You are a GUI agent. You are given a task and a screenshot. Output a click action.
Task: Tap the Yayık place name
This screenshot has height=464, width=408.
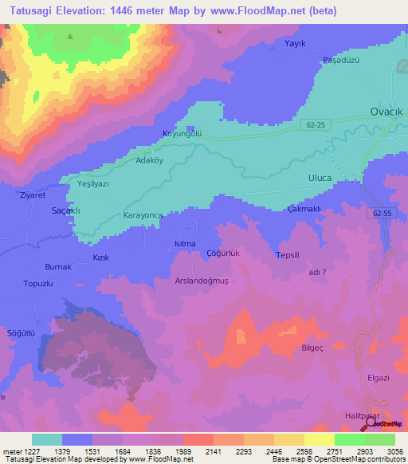tap(296, 44)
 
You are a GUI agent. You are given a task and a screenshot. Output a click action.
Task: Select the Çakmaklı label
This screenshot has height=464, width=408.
tap(304, 209)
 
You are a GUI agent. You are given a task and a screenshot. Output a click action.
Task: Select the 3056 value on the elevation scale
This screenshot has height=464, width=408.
tap(395, 451)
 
